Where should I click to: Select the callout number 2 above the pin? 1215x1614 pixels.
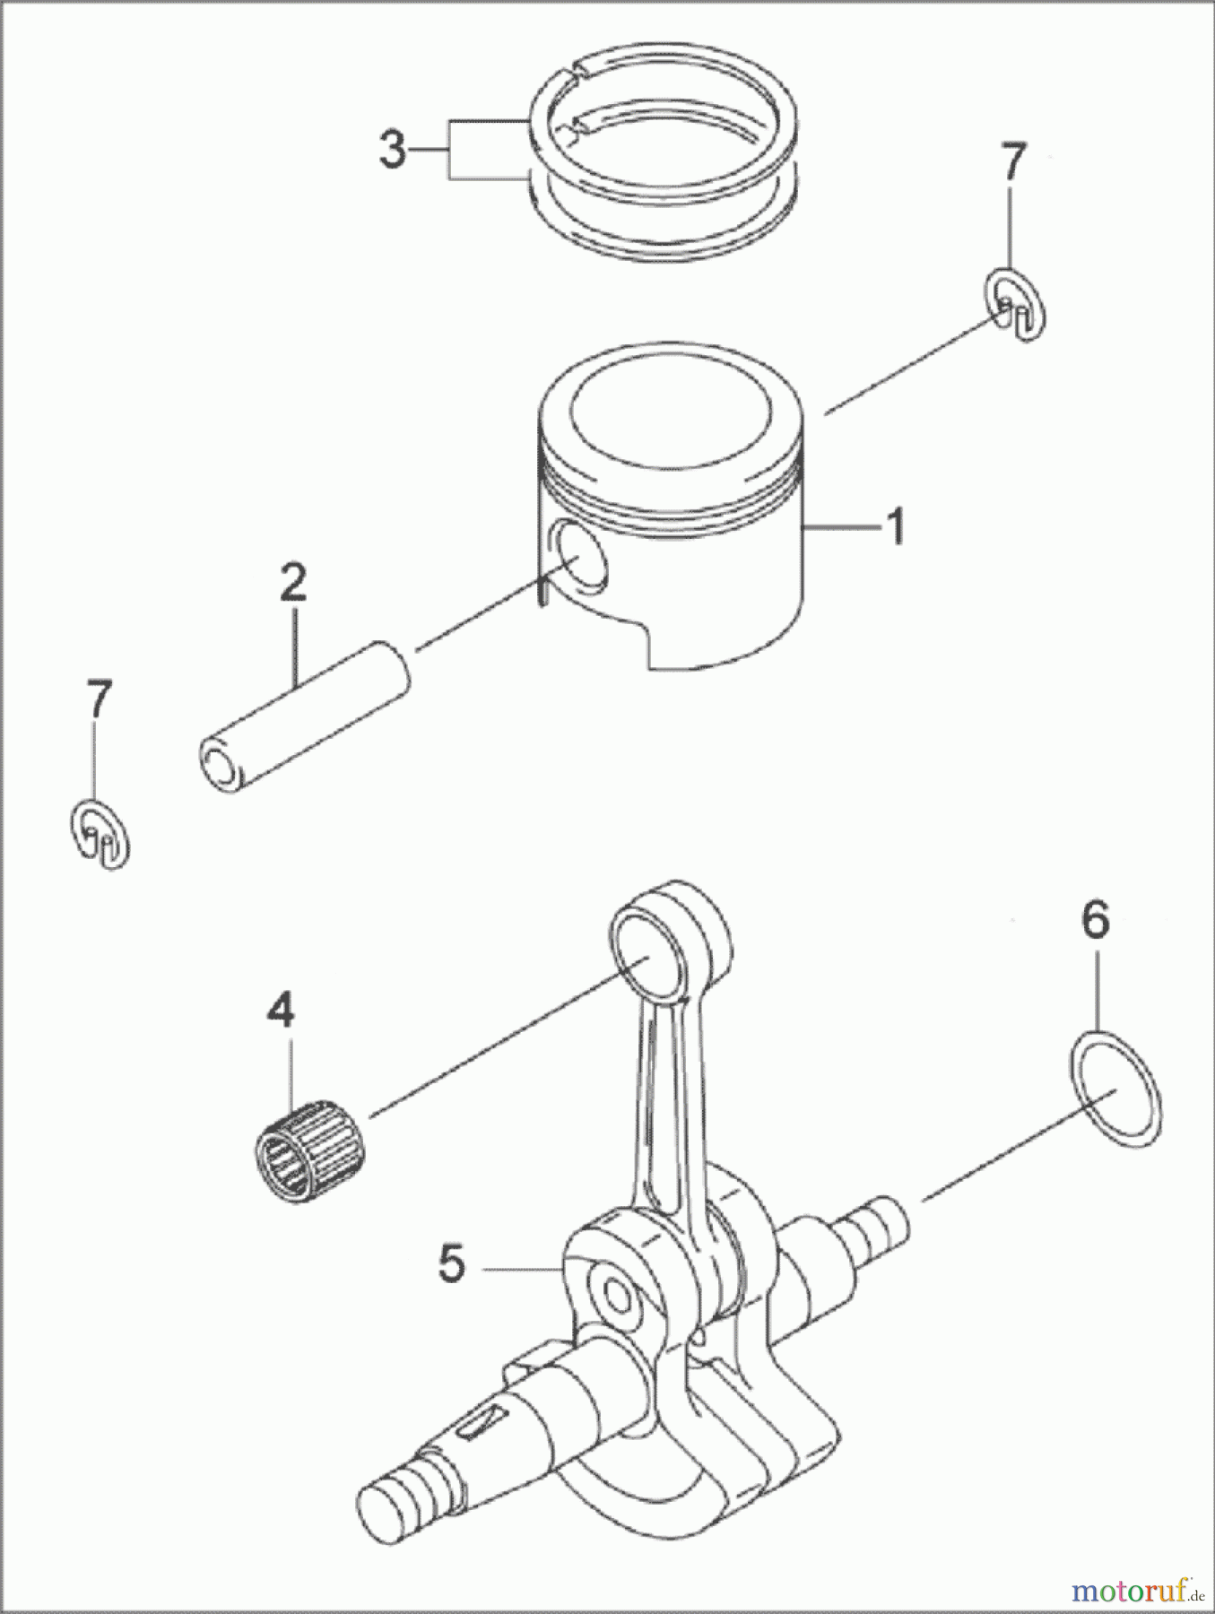293,583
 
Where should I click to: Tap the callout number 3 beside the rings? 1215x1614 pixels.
392,151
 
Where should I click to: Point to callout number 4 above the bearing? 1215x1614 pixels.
280,1012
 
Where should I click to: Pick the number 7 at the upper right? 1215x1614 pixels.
1010,163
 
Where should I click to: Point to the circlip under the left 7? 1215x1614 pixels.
100,835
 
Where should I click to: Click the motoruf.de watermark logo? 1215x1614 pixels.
1135,1591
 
